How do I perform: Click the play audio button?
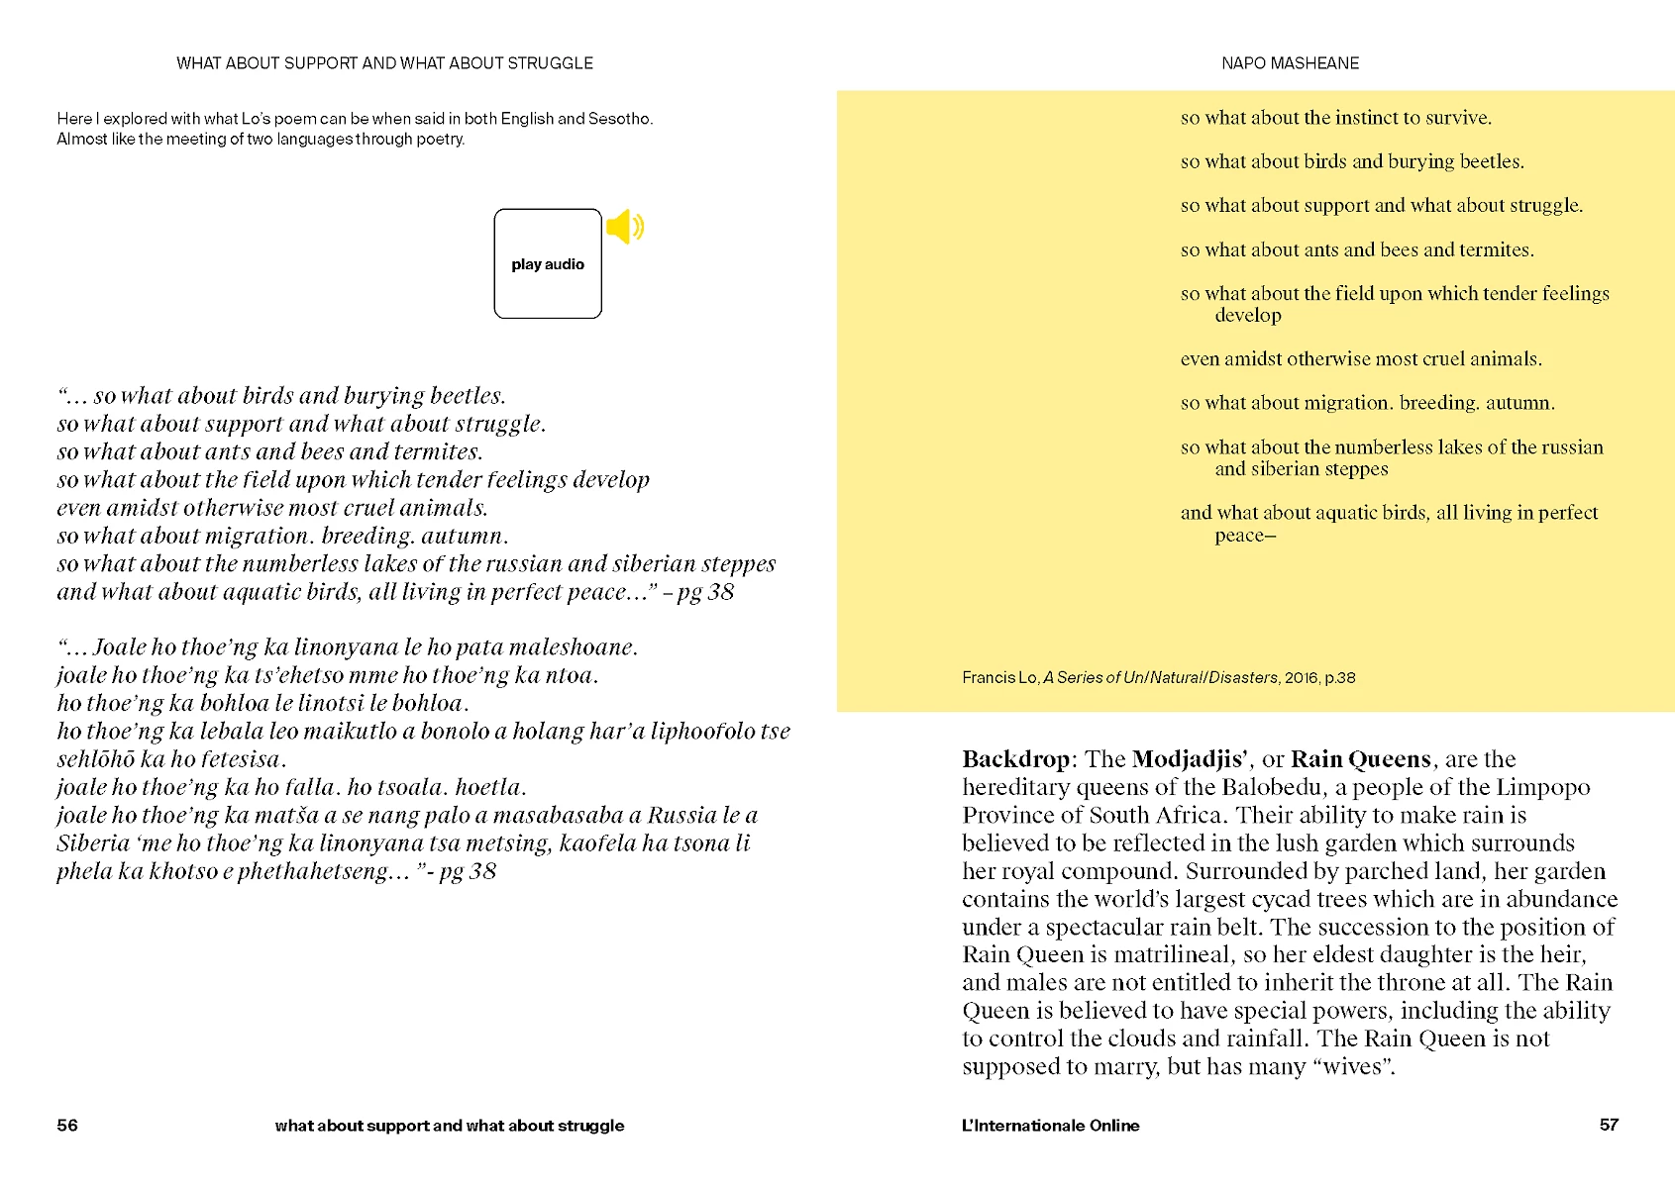click(548, 263)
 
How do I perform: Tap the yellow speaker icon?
click(625, 227)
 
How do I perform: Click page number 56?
click(67, 1125)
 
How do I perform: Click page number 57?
click(1609, 1125)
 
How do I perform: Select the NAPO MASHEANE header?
click(1290, 63)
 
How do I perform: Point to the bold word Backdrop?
click(1015, 759)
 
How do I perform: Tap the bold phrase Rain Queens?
click(1361, 759)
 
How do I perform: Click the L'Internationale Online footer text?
click(1050, 1126)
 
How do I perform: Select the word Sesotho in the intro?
click(619, 119)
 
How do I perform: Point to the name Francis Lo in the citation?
click(998, 678)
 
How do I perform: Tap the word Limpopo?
click(1542, 787)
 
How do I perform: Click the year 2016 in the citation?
click(1301, 678)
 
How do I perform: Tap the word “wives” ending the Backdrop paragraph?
click(1353, 1066)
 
